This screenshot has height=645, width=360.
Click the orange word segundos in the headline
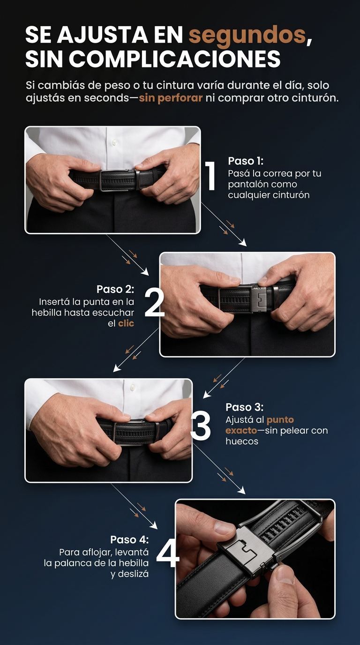tap(247, 36)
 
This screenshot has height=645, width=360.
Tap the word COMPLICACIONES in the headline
tap(174, 59)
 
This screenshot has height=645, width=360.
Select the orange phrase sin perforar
tap(171, 98)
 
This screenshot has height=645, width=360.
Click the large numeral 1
tap(210, 176)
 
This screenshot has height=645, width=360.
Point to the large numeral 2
tap(154, 303)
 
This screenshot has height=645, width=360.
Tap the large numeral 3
tap(201, 425)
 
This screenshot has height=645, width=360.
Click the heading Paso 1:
tap(246, 161)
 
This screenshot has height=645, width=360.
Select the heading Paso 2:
tap(115, 289)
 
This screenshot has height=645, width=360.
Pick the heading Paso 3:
tap(245, 407)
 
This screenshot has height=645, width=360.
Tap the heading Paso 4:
tap(129, 540)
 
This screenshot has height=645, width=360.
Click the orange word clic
tap(126, 323)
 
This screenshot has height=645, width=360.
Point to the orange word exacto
tap(241, 430)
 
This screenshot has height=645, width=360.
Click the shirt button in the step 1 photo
tap(115, 142)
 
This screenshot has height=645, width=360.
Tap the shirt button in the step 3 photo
tap(133, 387)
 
